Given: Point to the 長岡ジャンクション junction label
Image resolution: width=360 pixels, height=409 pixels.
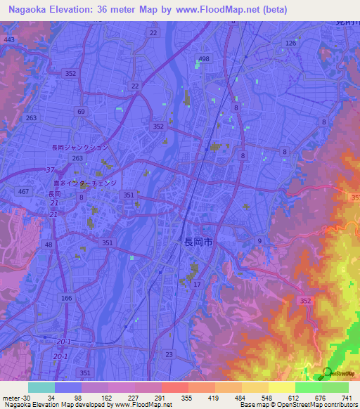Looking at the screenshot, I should tap(80, 148).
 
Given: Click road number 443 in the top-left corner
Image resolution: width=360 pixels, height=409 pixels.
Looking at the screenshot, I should tap(8, 40).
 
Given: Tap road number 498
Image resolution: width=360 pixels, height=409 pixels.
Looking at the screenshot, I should tap(204, 59).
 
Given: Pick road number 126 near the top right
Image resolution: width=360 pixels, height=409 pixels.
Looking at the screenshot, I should tap(290, 44).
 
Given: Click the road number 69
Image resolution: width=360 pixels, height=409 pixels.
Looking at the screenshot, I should tap(82, 112).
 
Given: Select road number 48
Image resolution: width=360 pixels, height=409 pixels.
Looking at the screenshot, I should tap(49, 245).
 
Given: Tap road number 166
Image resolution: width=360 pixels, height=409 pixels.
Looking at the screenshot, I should tap(66, 299).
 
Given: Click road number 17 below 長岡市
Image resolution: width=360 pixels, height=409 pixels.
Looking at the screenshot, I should tap(197, 284).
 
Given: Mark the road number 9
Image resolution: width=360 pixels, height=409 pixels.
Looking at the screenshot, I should tap(259, 241).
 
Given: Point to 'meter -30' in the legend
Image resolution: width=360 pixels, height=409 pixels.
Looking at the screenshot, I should tap(15, 397).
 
